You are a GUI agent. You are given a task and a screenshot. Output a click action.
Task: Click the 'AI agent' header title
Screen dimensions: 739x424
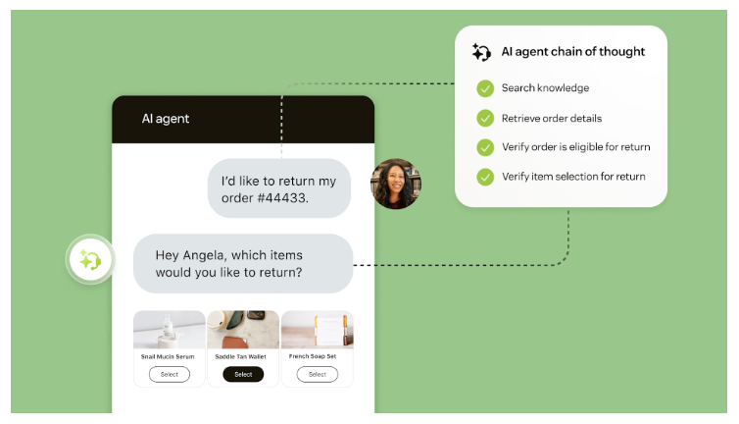[166, 119]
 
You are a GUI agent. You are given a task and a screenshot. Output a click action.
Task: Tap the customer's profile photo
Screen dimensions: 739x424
[396, 184]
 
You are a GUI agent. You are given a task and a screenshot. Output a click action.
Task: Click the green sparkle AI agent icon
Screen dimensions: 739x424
[90, 260]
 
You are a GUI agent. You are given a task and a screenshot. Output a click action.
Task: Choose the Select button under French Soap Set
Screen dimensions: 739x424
[317, 374]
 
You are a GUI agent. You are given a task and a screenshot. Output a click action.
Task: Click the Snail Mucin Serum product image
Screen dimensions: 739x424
[170, 331]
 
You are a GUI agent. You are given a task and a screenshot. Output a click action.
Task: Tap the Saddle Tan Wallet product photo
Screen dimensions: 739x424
[243, 331]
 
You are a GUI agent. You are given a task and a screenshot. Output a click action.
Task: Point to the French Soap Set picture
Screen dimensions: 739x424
[317, 331]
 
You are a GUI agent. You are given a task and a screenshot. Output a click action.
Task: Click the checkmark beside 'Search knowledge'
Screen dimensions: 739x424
[485, 88]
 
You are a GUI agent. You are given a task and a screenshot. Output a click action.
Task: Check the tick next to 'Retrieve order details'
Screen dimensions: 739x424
[485, 119]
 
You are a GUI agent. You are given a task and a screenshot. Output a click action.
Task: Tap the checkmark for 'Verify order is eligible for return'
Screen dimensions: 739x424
[485, 147]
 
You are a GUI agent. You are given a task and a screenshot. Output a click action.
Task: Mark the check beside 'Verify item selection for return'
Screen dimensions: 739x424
[485, 177]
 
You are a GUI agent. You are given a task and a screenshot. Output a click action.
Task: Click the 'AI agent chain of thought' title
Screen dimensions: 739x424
[573, 51]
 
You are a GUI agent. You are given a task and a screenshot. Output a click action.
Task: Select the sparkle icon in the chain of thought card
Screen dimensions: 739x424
[481, 52]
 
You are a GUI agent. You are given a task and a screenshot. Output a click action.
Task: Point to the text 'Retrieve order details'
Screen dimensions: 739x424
[552, 119]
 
